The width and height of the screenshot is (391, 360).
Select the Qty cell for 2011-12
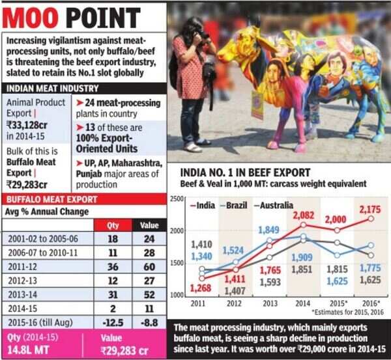(x=111, y=265)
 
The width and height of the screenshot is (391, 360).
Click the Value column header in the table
(x=150, y=225)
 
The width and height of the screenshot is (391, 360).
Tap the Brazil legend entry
(x=234, y=205)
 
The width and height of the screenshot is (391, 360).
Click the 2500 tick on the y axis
(x=176, y=198)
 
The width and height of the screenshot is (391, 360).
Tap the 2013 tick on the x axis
(x=268, y=303)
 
